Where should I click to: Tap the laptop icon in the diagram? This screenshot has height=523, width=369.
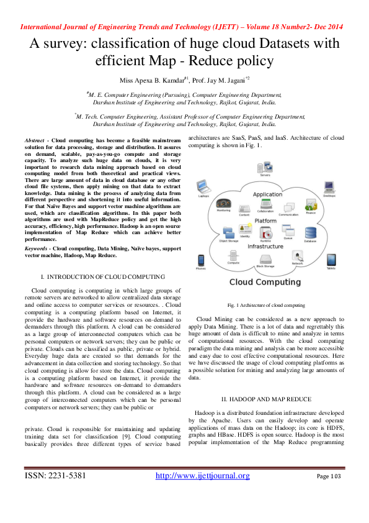tap(203, 186)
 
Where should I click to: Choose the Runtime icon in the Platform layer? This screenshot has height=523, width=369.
tap(266, 232)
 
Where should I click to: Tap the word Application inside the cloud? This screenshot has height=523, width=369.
tap(267, 194)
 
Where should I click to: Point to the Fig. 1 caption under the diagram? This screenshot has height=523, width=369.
tap(266, 306)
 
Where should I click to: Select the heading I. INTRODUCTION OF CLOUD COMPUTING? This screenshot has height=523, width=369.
tap(103, 275)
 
